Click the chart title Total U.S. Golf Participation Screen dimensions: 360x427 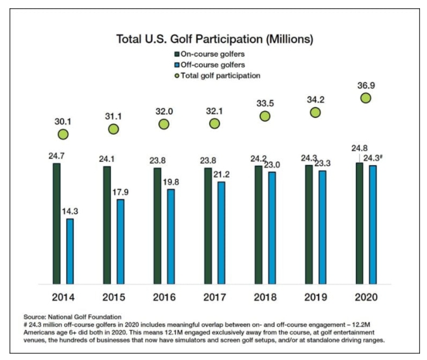[x=214, y=39]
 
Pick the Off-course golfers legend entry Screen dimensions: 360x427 [x=209, y=65]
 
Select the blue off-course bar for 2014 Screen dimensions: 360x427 [x=70, y=251]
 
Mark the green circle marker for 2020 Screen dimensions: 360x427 [x=365, y=98]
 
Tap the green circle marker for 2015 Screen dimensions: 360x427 [x=113, y=129]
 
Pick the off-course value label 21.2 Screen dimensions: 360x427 [x=221, y=173]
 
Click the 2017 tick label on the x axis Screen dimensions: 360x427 [x=214, y=297]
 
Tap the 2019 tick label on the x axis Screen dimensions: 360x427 [x=315, y=297]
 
